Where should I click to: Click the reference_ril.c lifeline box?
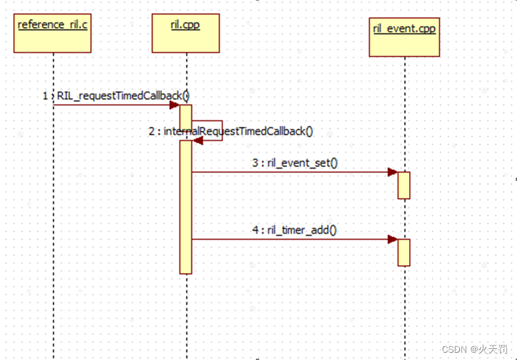point(51,33)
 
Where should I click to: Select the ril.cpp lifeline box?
point(185,33)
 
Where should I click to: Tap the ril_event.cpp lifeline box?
point(403,37)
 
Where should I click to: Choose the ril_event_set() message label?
point(302,163)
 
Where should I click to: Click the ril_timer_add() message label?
point(302,230)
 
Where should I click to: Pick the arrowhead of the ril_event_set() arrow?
point(393,172)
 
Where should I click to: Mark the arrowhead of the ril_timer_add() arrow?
point(393,240)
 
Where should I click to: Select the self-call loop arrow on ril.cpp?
point(221,130)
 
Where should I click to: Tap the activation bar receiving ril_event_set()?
point(404,185)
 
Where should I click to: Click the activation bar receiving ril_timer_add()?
point(404,252)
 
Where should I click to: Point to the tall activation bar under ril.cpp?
point(185,211)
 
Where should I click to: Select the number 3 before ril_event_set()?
point(255,163)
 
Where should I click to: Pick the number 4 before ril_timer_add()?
point(255,230)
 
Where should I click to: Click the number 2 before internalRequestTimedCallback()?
point(152,131)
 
